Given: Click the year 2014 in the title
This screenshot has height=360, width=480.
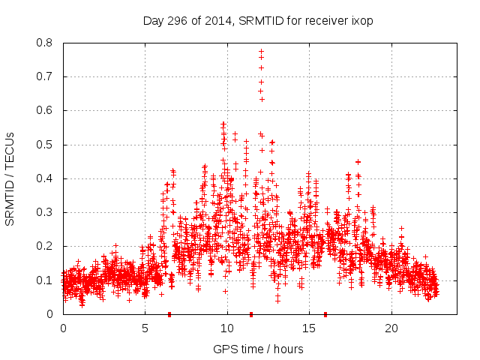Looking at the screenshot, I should pyautogui.click(x=217, y=21).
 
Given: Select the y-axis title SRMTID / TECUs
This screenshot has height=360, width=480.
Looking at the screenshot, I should pyautogui.click(x=10, y=178).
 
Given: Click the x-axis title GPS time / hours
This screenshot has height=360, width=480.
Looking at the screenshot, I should pyautogui.click(x=258, y=349).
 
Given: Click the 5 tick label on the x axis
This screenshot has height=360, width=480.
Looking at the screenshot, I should pyautogui.click(x=145, y=328).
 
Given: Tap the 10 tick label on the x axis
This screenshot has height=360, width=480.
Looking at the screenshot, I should pyautogui.click(x=227, y=328).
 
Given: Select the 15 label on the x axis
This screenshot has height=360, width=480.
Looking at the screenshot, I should pyautogui.click(x=309, y=328).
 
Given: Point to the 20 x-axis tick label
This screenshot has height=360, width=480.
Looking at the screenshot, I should pyautogui.click(x=391, y=328).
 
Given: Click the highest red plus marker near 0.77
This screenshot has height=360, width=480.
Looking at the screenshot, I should pyautogui.click(x=261, y=52).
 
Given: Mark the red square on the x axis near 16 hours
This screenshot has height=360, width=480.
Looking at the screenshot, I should pyautogui.click(x=325, y=313).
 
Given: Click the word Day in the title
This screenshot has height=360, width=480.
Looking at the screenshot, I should pyautogui.click(x=153, y=21).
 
